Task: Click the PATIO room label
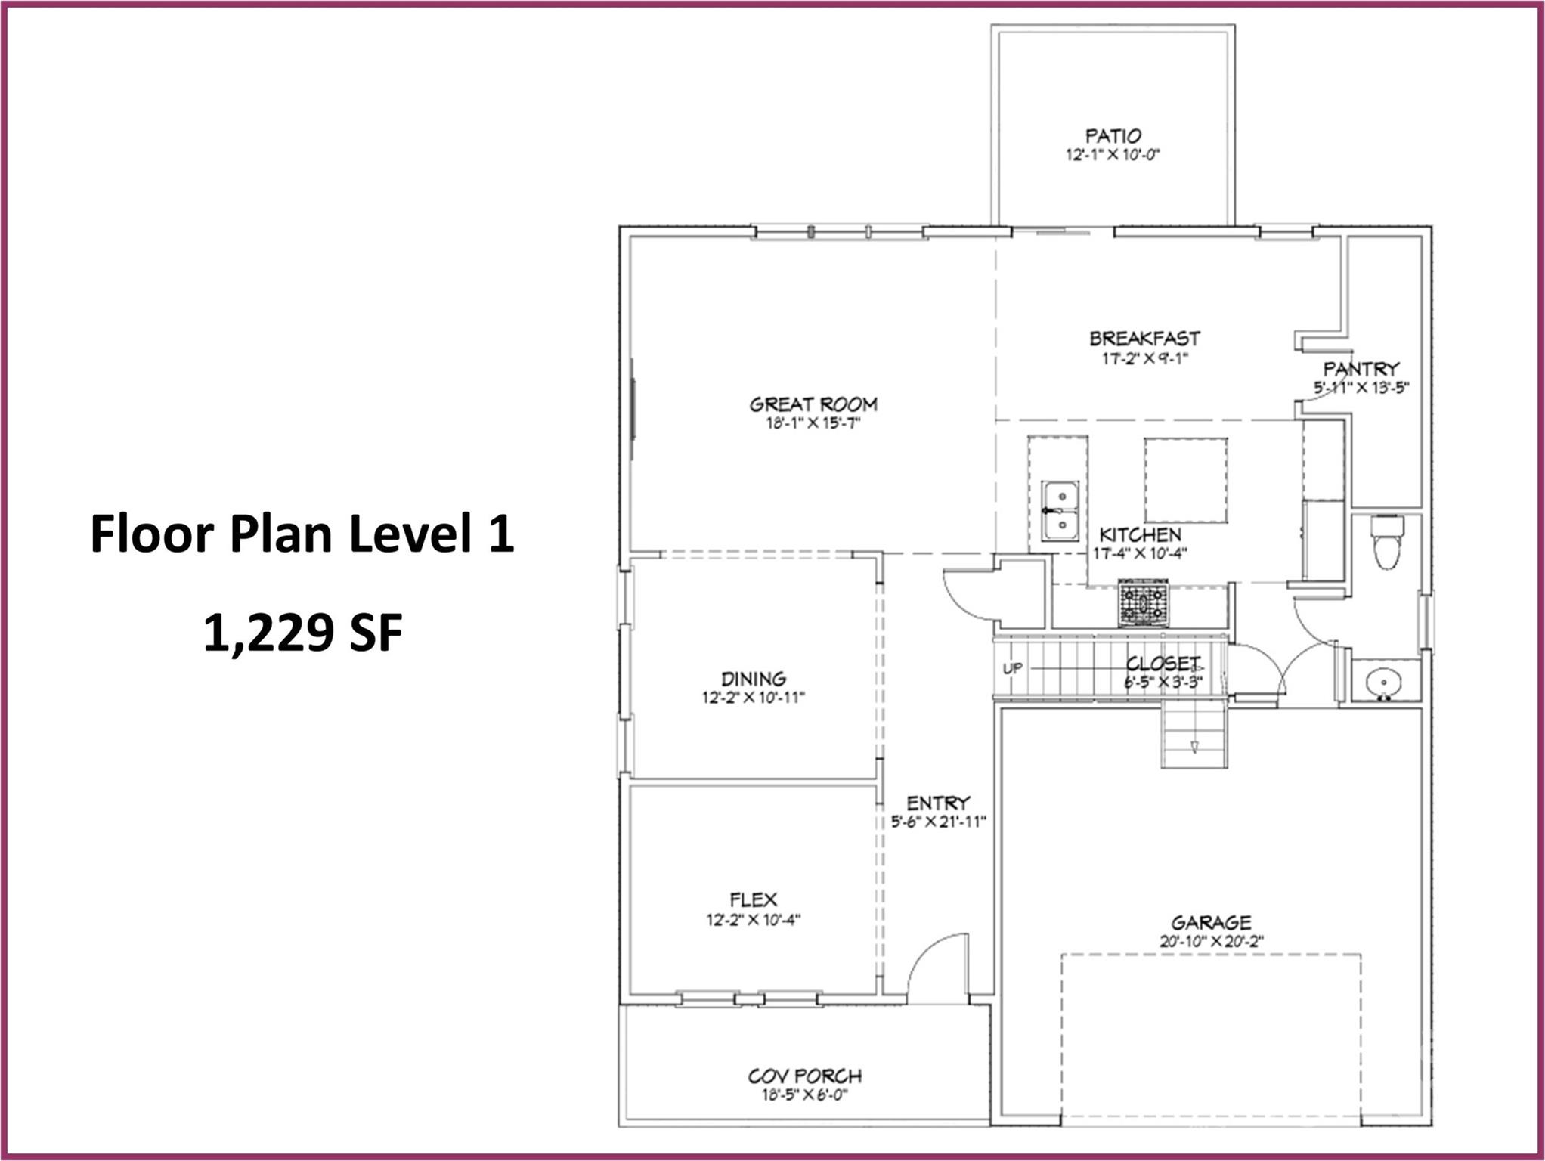[1113, 136]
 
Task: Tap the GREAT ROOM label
[813, 404]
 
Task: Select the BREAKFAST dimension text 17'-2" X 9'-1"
[1145, 358]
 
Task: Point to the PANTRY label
[1361, 369]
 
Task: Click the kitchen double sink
[1060, 510]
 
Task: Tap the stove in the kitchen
[1143, 603]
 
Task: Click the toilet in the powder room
[1387, 541]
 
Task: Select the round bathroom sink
[1384, 683]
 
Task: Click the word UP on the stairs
[1013, 668]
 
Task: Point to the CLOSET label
[1163, 664]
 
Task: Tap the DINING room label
[754, 678]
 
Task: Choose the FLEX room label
[754, 899]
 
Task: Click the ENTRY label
[938, 803]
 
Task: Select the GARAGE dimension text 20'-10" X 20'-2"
[1212, 942]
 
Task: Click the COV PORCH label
[805, 1076]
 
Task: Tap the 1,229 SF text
[302, 633]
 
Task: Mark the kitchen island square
[1185, 480]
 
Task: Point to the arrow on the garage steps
[1194, 747]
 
